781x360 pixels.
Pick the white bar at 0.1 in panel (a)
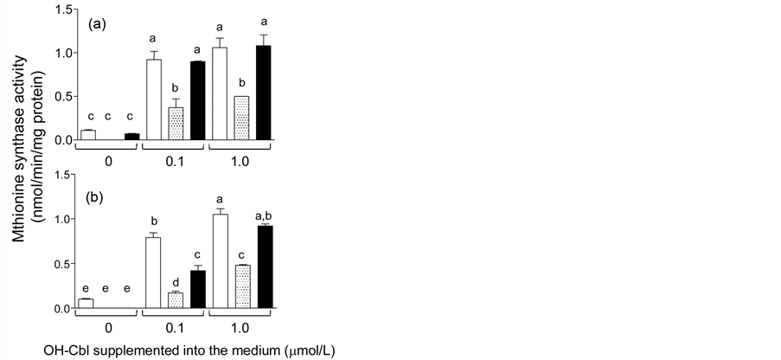coord(154,100)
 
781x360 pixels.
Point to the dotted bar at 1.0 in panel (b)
coord(242,286)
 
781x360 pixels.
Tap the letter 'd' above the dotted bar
coord(176,281)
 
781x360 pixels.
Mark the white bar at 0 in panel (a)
coord(87,135)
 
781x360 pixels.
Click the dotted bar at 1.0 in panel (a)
coord(242,119)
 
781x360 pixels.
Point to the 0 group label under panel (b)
coord(108,331)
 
